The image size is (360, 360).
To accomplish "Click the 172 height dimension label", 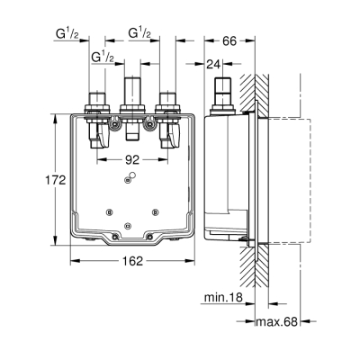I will (57, 180).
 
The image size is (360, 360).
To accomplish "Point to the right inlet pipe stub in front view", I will (166, 98).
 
